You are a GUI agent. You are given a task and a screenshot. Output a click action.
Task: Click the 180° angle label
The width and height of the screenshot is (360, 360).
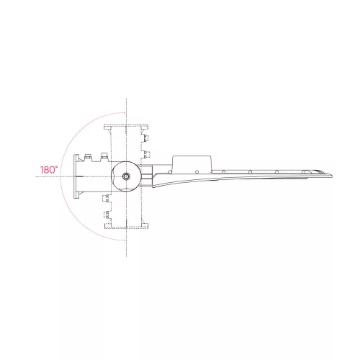coord(49,170)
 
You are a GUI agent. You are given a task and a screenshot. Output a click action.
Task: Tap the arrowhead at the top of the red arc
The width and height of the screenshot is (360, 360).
coord(123,112)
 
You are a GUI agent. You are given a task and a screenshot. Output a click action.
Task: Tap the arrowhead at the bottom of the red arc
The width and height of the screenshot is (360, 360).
coord(123,240)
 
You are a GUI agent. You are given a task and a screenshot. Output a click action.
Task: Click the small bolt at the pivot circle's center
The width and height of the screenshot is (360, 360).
coord(126,176)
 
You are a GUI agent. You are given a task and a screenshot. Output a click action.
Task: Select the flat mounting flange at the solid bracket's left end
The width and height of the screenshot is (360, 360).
coord(76,176)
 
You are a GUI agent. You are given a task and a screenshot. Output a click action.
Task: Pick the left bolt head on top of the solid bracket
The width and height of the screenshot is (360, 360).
coord(88,156)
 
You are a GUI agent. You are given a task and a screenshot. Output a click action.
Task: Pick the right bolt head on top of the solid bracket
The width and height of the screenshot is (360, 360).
coord(104,156)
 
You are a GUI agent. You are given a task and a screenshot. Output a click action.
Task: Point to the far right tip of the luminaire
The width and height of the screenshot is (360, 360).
coord(332,176)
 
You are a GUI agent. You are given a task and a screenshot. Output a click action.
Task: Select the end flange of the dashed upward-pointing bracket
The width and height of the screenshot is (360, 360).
coord(126,127)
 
